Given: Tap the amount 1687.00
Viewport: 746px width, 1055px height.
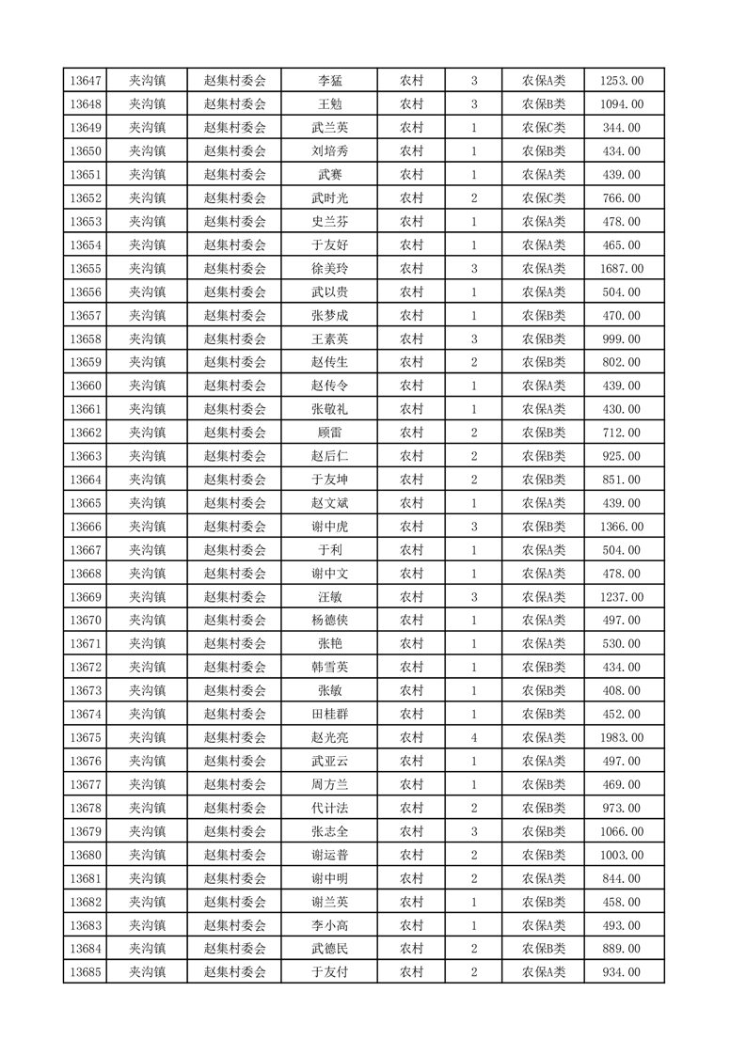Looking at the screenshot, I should coord(622,269).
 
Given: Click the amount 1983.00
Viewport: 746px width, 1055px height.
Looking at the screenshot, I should coord(622,738).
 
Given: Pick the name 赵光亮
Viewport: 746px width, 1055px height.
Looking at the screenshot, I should coord(330,738).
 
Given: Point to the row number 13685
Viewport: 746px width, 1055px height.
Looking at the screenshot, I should coord(86,972).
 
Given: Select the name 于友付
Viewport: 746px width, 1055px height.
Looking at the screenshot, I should coord(330,972).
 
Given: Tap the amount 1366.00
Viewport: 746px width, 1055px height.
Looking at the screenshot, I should coord(622,527).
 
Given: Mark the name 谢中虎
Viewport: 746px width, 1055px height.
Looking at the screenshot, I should coord(330,527).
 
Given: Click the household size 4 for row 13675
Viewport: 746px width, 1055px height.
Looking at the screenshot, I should coord(473,738).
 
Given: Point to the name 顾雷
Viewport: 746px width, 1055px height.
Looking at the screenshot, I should coord(330,433).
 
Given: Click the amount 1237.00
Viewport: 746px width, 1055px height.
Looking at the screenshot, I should coord(622,597).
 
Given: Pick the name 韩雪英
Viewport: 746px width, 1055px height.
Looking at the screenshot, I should coord(330,668).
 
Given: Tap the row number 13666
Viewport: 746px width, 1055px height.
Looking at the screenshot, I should coord(86,527).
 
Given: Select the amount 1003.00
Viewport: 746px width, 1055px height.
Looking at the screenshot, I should coord(622,855).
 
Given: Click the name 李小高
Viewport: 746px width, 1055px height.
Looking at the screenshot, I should coord(330,925).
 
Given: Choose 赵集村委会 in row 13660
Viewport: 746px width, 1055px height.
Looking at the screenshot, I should coord(235,386).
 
